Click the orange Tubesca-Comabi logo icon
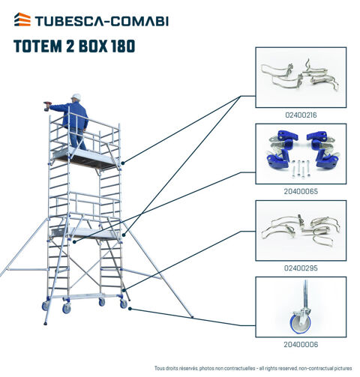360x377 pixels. tap(22, 19)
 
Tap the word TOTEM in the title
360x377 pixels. tap(37, 46)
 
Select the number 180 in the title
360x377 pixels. tap(123, 46)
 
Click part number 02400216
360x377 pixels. tap(301, 115)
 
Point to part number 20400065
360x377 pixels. tap(301, 192)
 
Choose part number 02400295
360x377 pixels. tap(301, 268)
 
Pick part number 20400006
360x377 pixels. tap(301, 345)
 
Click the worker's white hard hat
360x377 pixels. tap(76, 97)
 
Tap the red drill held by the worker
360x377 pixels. tap(47, 106)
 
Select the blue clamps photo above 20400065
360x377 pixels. tap(301, 154)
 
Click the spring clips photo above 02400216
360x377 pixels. tap(301, 77)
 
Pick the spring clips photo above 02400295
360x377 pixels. tap(301, 231)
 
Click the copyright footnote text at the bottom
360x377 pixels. tap(253, 368)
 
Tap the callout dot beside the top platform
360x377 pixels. tap(123, 163)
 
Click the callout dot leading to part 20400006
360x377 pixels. tap(130, 309)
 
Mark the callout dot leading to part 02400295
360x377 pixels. tap(124, 290)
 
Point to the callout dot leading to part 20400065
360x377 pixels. tap(74, 242)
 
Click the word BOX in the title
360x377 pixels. tap(93, 46)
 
